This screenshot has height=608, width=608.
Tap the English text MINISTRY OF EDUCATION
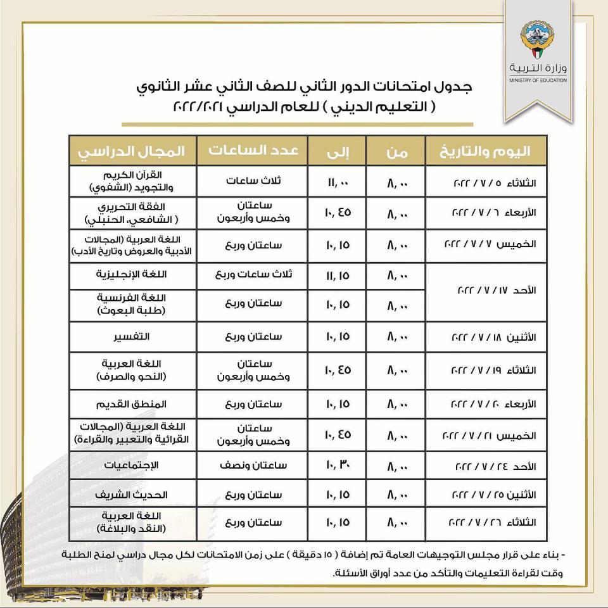pos(538,80)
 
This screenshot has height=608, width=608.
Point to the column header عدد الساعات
pos(253,151)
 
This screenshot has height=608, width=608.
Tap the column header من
pos(396,151)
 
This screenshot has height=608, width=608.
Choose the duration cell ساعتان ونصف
pos(253,465)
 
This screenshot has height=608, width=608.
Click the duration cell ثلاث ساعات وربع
pos(253,276)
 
